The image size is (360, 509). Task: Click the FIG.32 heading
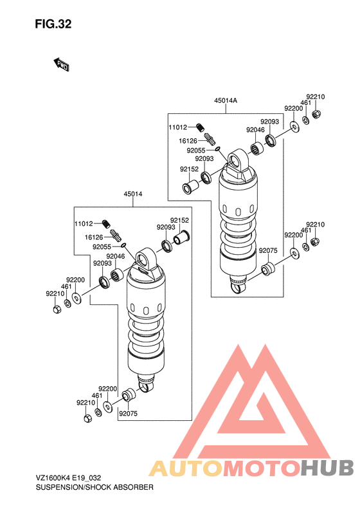tap(53, 24)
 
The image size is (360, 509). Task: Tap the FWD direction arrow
tap(61, 64)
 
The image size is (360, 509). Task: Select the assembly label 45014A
tap(226, 100)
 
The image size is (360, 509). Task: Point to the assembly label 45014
tap(132, 194)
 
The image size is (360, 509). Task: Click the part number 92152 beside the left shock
tap(179, 220)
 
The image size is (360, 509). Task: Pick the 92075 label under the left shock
tap(128, 414)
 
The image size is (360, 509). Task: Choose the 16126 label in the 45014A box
tap(188, 141)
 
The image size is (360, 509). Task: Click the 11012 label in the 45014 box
tap(84, 224)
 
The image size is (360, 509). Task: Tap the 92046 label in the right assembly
tap(255, 130)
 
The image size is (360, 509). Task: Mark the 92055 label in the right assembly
tap(196, 151)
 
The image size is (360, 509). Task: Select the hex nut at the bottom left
tap(87, 418)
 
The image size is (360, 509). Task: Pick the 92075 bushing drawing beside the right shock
tap(268, 270)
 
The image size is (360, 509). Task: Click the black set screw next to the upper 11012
tap(201, 127)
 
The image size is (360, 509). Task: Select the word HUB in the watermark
tap(327, 468)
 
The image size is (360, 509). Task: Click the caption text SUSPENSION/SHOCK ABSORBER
tap(94, 487)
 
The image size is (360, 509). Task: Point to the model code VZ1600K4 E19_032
tap(68, 478)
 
